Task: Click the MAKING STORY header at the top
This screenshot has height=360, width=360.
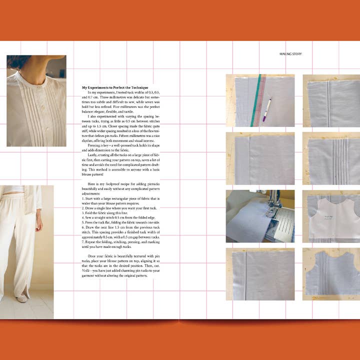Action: click(290, 54)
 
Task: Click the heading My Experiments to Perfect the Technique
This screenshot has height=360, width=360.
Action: click(115, 87)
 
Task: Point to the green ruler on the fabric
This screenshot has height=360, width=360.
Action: click(259, 100)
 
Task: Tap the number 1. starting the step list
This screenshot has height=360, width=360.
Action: click(83, 198)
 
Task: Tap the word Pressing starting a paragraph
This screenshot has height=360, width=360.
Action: click(95, 146)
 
